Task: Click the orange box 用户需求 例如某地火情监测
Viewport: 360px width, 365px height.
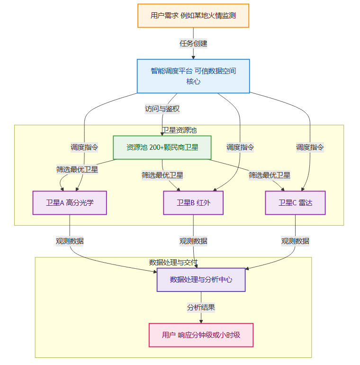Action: [193, 15]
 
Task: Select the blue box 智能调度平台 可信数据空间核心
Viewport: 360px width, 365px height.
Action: [193, 76]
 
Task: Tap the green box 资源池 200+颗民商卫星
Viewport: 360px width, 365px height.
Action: [162, 147]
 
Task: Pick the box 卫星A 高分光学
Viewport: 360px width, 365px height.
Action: [70, 203]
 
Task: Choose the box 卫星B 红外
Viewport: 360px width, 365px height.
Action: [193, 203]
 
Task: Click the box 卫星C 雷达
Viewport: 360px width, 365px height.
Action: [295, 203]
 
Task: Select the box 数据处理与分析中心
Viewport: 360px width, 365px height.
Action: [201, 280]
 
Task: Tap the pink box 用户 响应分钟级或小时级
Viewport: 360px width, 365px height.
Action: [201, 335]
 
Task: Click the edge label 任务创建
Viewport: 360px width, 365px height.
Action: [193, 43]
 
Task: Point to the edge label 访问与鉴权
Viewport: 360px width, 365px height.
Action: [162, 109]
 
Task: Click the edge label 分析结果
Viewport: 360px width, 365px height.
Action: [201, 307]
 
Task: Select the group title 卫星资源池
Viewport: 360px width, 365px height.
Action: [179, 130]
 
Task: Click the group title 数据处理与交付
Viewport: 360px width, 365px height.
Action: [173, 262]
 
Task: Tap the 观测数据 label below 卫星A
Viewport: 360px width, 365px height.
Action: [70, 241]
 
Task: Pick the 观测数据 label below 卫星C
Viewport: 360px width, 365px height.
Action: [295, 241]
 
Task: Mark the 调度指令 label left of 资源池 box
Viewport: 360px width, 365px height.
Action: [84, 147]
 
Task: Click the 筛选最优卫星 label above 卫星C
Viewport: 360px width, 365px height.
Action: [270, 175]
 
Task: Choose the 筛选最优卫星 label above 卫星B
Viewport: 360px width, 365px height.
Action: [162, 175]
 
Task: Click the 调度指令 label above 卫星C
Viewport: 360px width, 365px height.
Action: [310, 147]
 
